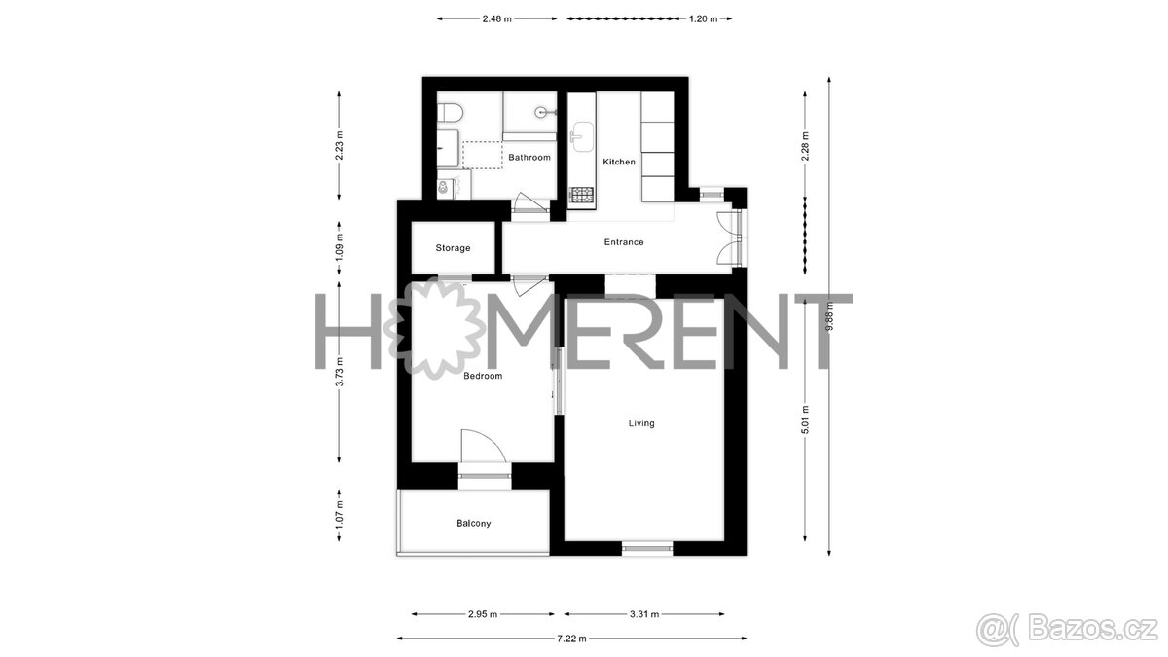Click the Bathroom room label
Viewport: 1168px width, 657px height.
529,157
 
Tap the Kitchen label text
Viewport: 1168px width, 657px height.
619,162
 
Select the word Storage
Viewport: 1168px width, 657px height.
453,248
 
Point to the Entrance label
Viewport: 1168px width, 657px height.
624,242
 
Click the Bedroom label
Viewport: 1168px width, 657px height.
483,376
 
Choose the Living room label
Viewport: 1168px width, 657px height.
641,423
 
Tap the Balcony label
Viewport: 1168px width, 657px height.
473,523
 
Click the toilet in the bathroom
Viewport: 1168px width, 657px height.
450,114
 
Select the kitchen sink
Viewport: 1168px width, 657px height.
582,137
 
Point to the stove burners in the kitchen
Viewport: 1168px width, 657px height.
581,195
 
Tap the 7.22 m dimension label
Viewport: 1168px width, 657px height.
571,639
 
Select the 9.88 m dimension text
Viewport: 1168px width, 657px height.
830,316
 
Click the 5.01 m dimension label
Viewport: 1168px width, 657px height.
805,420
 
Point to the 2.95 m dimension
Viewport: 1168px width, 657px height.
483,614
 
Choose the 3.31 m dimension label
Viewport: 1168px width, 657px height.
644,614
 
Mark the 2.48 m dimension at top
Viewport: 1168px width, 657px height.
497,18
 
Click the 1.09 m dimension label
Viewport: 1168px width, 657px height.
339,248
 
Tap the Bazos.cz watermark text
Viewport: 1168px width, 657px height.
1092,630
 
